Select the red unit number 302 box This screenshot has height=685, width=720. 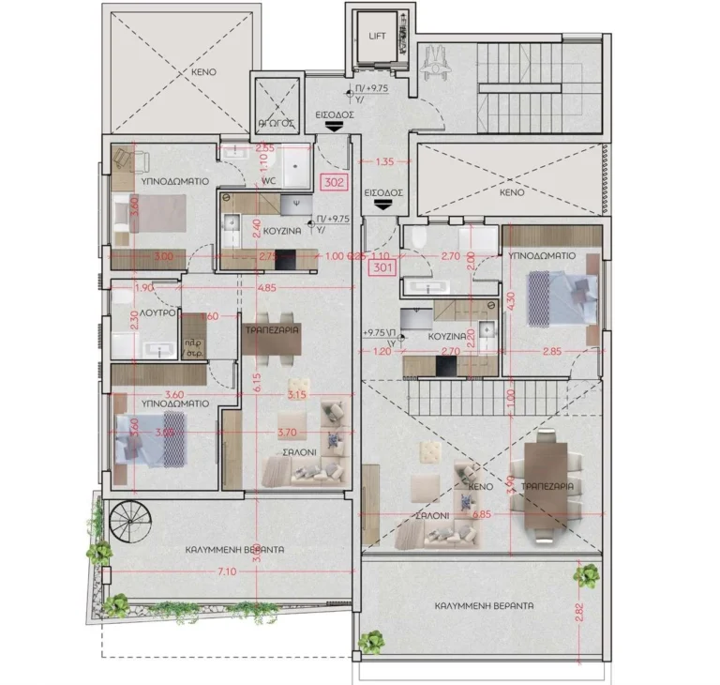pos(334,182)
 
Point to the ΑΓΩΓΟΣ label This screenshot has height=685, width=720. pos(277,122)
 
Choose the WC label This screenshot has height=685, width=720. pos(267,180)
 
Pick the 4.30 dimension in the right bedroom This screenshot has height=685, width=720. pos(511,298)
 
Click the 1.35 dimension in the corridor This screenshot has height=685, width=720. pos(383,161)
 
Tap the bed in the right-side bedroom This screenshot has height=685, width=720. pos(559,296)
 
